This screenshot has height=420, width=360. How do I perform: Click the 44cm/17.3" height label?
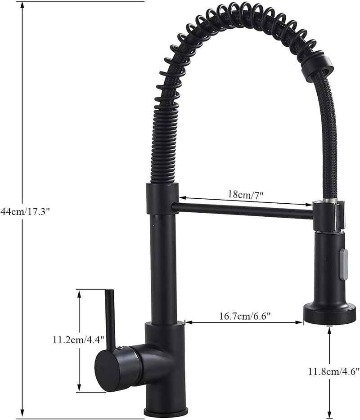[x=26, y=211]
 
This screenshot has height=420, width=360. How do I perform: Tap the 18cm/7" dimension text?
[x=246, y=194]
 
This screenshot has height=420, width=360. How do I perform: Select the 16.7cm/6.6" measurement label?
[x=245, y=316]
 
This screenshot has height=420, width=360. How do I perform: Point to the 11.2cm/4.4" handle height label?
[x=78, y=340]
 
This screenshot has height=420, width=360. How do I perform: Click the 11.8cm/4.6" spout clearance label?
[x=333, y=371]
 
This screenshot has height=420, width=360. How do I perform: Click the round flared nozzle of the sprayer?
[x=328, y=313]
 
